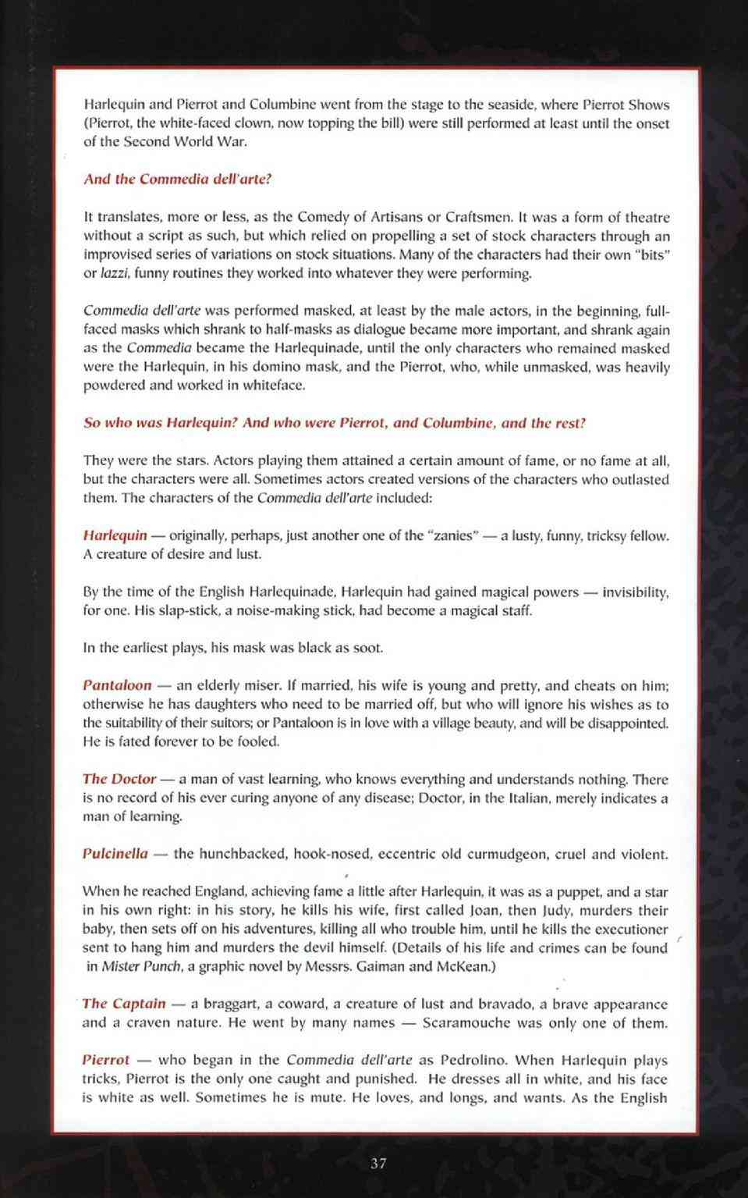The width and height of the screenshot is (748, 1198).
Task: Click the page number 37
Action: (378, 1163)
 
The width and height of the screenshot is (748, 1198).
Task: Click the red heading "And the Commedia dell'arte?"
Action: (177, 179)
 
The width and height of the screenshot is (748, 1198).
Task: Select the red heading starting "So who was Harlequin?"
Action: (334, 423)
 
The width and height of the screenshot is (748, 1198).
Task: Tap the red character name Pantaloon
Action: (117, 685)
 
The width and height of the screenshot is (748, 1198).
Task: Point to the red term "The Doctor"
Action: (119, 779)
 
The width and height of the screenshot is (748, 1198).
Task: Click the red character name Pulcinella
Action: (115, 853)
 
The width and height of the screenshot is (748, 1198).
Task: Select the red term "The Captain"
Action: (124, 1004)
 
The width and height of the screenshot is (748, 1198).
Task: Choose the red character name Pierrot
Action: (106, 1060)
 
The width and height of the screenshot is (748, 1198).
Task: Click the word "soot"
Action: (367, 648)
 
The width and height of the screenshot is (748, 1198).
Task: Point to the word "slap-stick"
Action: (189, 610)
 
